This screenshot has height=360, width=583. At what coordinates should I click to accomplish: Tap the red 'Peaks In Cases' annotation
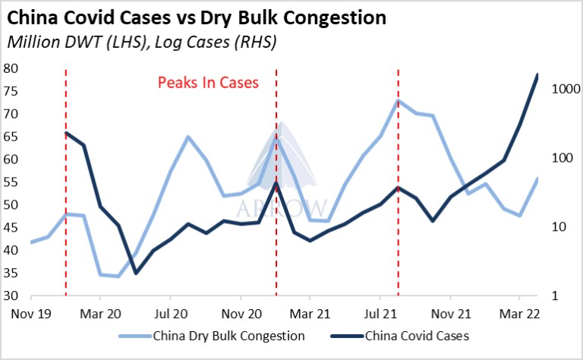(208, 83)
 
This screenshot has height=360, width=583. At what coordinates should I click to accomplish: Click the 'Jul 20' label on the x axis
(171, 313)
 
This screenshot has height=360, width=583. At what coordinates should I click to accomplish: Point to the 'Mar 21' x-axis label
(310, 313)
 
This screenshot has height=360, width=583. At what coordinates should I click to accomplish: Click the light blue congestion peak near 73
(399, 100)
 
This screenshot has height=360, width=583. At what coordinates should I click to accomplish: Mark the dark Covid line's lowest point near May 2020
(136, 273)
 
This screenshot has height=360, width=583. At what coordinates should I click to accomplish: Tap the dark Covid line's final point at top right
(538, 74)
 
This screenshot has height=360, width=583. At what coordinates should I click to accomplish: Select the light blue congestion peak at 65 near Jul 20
(188, 137)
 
